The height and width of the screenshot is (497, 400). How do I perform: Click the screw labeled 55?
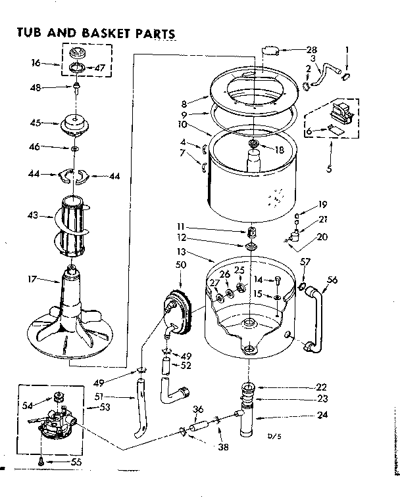click(x=41, y=460)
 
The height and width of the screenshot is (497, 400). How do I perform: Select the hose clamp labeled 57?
click(x=302, y=286)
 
